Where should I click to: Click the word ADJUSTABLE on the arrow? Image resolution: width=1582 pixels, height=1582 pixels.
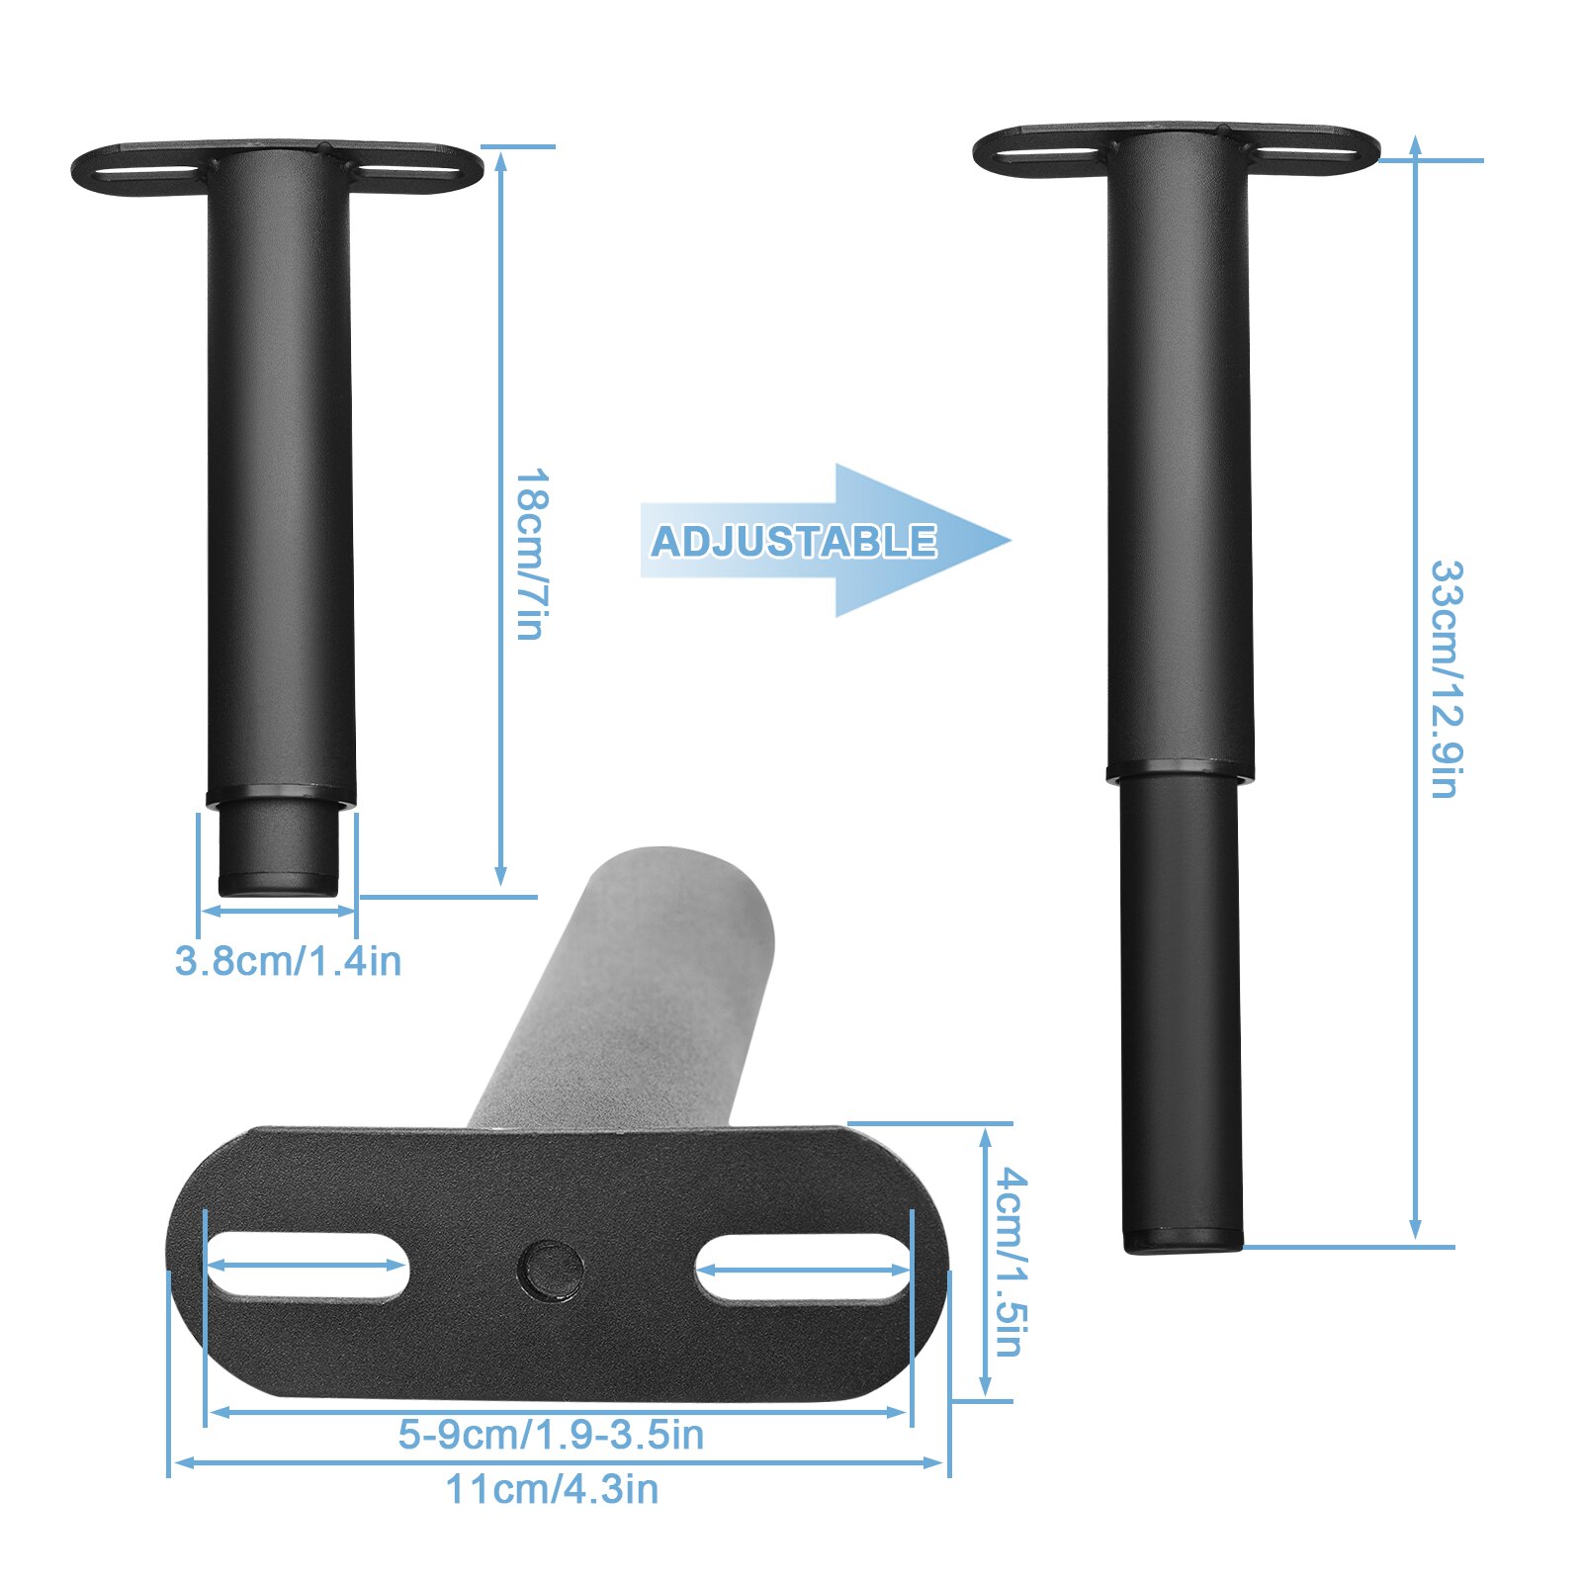pos(793,541)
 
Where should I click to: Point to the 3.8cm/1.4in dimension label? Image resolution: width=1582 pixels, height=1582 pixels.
pos(288,961)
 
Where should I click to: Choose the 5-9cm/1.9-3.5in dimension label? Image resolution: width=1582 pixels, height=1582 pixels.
pos(551,1435)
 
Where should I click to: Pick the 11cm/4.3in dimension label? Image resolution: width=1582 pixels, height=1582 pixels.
pos(552,1489)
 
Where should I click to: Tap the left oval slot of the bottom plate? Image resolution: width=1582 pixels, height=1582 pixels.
pos(306,1265)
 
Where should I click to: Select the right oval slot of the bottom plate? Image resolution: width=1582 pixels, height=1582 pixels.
pos(802,1267)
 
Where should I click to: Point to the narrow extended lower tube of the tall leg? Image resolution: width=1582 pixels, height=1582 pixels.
pos(1182,1009)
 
